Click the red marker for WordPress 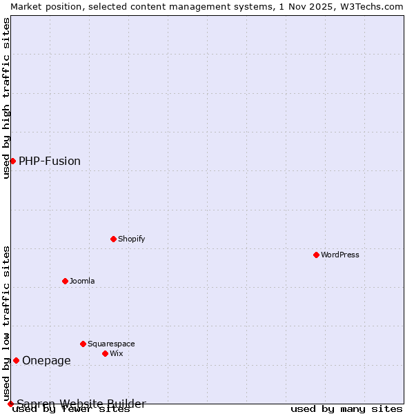click(317, 255)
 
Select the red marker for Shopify click(114, 239)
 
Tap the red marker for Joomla click(66, 281)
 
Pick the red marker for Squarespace click(83, 344)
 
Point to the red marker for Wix click(106, 353)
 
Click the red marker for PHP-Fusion click(12, 161)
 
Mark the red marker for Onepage click(16, 360)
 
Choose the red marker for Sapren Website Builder click(10, 404)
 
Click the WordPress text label click(340, 255)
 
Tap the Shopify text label click(131, 239)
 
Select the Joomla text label click(82, 281)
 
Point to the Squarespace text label click(111, 344)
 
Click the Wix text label click(116, 353)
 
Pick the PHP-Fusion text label click(50, 161)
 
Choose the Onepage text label click(46, 360)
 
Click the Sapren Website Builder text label click(81, 403)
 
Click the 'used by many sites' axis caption click(346, 409)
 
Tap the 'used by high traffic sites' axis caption click(6, 98)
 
